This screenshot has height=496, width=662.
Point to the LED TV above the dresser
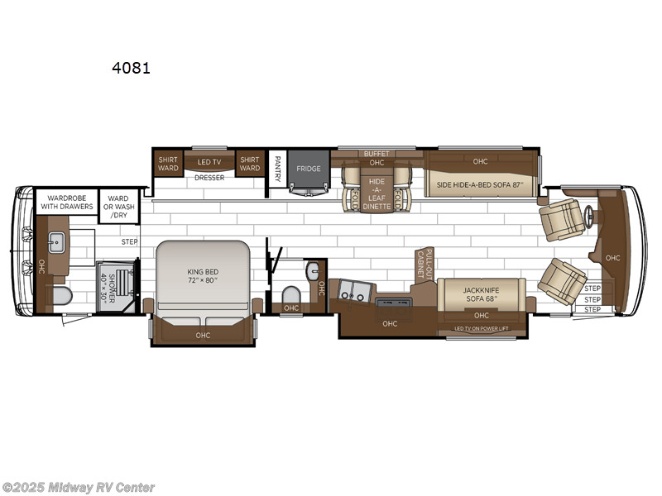pyautogui.click(x=209, y=163)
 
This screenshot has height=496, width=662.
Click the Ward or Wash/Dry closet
pyautogui.click(x=118, y=206)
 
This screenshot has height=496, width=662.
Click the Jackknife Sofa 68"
pyautogui.click(x=481, y=295)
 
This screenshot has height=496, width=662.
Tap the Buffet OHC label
pyautogui.click(x=377, y=158)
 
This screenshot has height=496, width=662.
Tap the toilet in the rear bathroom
pyautogui.click(x=61, y=296)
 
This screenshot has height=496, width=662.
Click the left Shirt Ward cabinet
pyautogui.click(x=168, y=164)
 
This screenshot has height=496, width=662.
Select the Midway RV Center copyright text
pyautogui.click(x=79, y=488)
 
